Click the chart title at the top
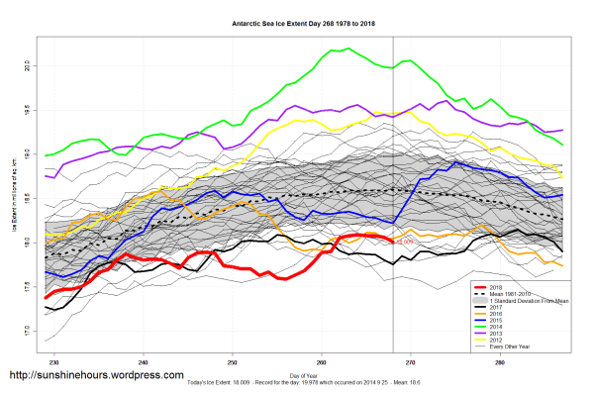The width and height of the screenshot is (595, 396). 297,21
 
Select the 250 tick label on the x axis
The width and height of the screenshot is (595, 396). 233,363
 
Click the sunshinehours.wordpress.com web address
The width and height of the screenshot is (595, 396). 95,376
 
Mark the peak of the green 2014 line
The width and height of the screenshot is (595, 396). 347,49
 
